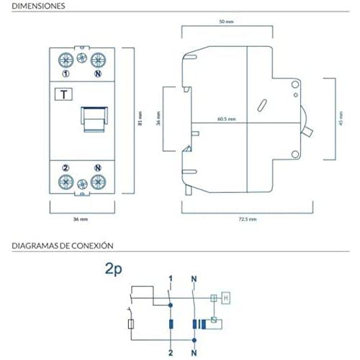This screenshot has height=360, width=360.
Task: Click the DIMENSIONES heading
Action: [x=38, y=6]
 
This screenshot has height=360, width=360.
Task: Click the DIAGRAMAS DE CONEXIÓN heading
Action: [x=63, y=246]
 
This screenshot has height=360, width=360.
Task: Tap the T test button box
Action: [x=63, y=94]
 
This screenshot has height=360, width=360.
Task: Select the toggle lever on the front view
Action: [x=94, y=120]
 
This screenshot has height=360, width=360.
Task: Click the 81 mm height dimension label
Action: [x=140, y=118]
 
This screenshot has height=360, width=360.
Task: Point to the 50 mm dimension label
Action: [x=226, y=22]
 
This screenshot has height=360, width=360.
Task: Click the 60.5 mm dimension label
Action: [x=227, y=119]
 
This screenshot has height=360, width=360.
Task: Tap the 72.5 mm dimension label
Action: [x=248, y=219]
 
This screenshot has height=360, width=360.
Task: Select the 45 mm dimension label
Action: [x=341, y=119]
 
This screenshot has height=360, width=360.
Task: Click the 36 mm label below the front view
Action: [x=81, y=219]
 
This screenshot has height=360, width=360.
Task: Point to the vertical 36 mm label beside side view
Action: [x=158, y=119]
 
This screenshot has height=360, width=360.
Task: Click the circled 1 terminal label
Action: [x=66, y=73]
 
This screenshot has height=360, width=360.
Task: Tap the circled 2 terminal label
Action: [x=66, y=168]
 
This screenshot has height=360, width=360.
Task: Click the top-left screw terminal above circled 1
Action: [x=66, y=60]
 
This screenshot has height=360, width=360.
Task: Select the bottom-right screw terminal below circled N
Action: [x=98, y=182]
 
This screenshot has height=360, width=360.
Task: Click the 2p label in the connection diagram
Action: [x=114, y=269]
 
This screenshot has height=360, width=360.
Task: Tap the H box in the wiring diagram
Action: [x=226, y=298]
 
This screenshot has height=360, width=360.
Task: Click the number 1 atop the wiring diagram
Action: [x=171, y=279]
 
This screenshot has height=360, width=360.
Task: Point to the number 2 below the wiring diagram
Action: [x=171, y=353]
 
